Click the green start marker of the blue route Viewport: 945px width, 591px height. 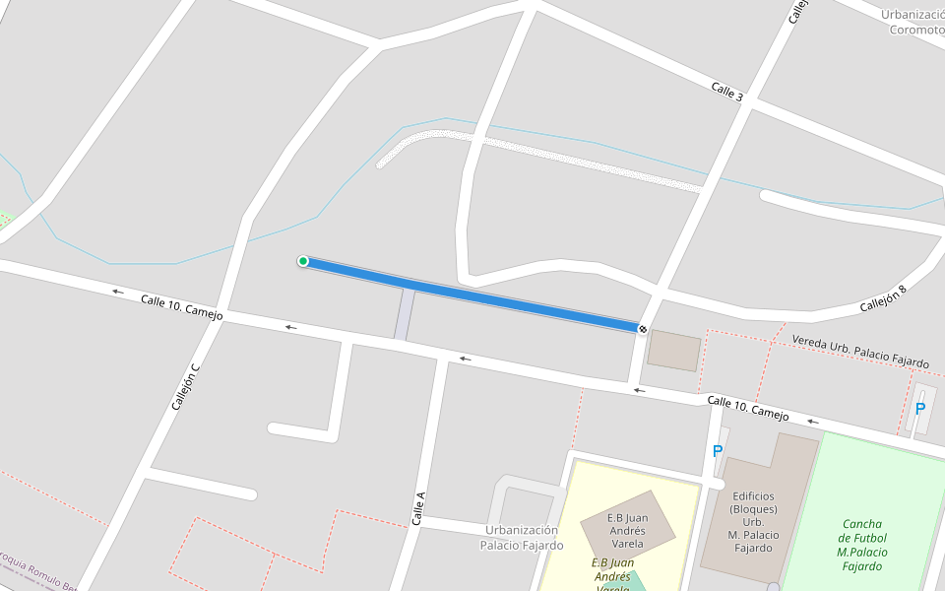tap(303, 261)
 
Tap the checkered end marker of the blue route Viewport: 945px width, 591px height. tap(642, 329)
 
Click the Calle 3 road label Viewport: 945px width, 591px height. tap(726, 92)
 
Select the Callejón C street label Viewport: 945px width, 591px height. tap(185, 386)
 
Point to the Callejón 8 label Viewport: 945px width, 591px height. tap(882, 298)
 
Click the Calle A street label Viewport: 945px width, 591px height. tap(418, 508)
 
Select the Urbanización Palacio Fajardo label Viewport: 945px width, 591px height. tap(522, 538)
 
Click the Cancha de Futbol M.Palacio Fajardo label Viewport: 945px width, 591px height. tap(862, 545)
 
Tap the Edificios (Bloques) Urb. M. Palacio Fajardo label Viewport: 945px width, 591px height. tap(753, 522)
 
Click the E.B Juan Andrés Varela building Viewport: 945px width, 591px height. tap(627, 530)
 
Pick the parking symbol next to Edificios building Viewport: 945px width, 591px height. tap(718, 452)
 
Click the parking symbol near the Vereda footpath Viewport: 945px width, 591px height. tap(920, 409)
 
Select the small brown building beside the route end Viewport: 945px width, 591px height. tap(674, 351)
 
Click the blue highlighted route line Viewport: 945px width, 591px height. tap(472, 295)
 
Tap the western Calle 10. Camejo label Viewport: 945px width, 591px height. tap(181, 307)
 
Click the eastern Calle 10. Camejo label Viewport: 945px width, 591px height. tap(748, 408)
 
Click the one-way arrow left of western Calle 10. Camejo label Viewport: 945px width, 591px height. tap(118, 292)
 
